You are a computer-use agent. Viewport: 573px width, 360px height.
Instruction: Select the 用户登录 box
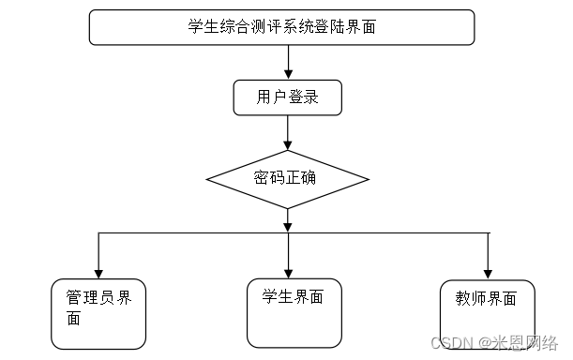click(x=287, y=97)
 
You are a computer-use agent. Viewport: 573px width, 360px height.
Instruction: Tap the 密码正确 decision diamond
click(x=287, y=179)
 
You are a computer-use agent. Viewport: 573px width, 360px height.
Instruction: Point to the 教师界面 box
click(x=488, y=313)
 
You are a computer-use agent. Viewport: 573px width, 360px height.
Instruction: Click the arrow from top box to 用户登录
click(x=287, y=62)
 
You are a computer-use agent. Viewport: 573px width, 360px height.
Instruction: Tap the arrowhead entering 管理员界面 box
click(x=98, y=272)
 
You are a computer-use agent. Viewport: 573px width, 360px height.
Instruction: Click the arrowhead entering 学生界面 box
click(x=287, y=272)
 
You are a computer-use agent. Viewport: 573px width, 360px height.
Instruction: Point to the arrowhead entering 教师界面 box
click(x=488, y=272)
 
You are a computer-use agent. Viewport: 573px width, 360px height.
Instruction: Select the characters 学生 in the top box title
click(x=203, y=27)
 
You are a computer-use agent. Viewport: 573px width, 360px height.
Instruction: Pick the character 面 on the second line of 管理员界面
click(x=74, y=318)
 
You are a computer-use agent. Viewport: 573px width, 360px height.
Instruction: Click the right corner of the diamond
click(x=368, y=179)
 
